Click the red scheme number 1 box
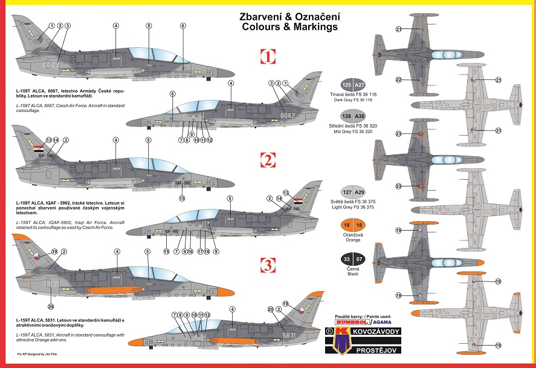(268, 57)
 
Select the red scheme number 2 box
(268, 160)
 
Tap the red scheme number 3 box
(268, 264)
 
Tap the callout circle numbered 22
(399, 80)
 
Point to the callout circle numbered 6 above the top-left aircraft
(182, 25)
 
